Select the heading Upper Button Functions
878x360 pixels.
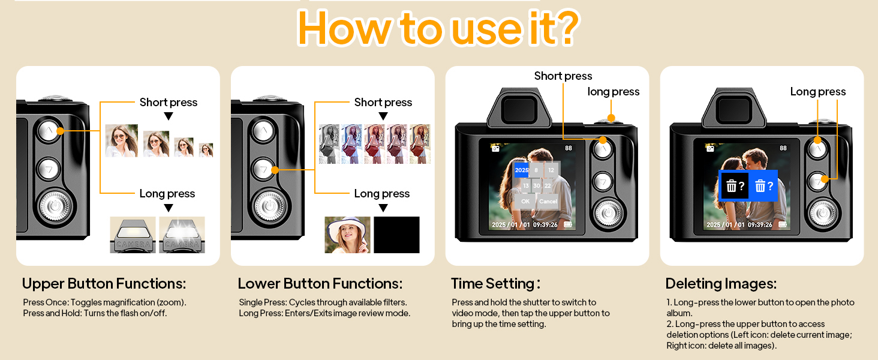(104, 283)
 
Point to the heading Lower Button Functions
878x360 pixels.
(320, 283)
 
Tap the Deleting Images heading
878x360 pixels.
(721, 283)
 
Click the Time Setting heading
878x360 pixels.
(495, 283)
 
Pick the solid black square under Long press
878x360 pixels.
(396, 235)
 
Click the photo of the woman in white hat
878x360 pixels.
(347, 235)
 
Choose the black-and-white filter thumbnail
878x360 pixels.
(329, 144)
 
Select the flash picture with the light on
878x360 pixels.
(182, 235)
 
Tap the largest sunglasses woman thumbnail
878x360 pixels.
(122, 140)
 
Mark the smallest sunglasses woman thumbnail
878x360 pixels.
(206, 150)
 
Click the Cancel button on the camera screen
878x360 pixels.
(548, 202)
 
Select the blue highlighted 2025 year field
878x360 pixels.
(522, 170)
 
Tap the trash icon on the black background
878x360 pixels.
(731, 186)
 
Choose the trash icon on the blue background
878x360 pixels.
(760, 186)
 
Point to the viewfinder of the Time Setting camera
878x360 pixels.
(520, 110)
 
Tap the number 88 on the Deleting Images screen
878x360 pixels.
(783, 148)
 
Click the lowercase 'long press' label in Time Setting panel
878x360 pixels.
(613, 92)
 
